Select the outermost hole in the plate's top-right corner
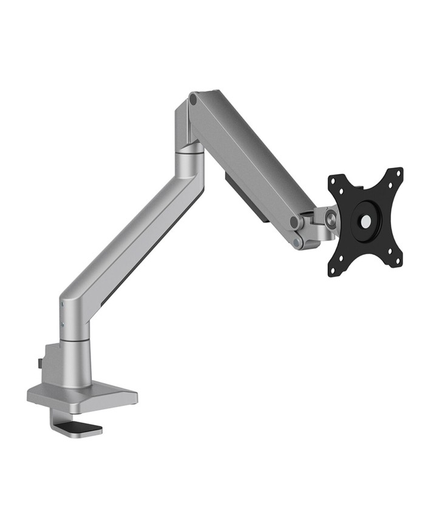coord(399,172)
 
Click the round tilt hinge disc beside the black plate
coord(330,217)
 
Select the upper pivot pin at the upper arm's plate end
coord(295,222)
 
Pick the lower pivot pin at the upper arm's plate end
coord(297,242)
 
